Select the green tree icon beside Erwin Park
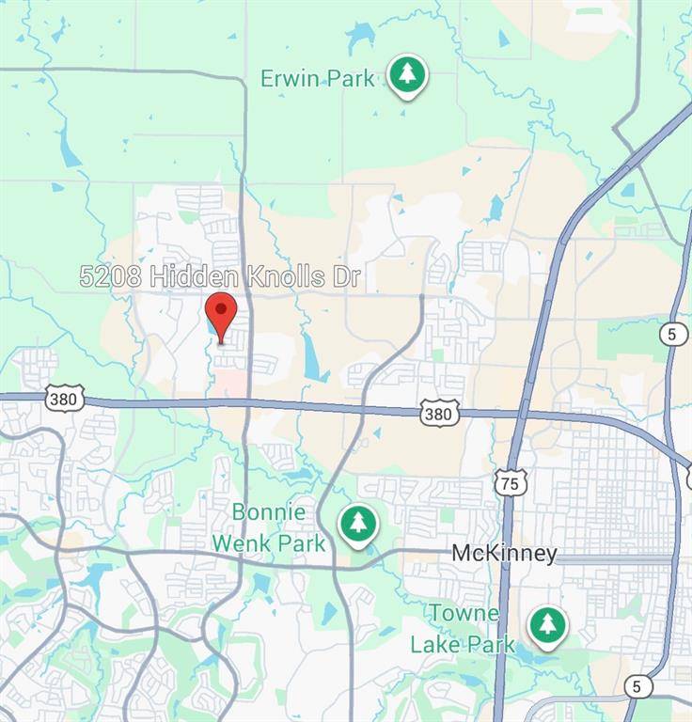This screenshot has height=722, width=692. click(406, 75)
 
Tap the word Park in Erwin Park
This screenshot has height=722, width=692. click(352, 78)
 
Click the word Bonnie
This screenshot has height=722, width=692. click(270, 513)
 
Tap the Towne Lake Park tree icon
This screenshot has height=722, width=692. click(547, 624)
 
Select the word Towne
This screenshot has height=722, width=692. click(464, 614)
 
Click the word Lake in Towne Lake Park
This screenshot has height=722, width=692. click(439, 645)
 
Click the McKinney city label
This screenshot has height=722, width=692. click(504, 554)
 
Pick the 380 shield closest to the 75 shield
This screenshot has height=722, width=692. click(439, 412)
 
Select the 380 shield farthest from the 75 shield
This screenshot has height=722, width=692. click(64, 399)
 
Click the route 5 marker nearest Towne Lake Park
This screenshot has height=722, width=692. click(637, 686)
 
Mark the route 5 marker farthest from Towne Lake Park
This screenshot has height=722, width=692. click(673, 334)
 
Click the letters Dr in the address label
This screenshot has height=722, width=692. click(345, 276)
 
